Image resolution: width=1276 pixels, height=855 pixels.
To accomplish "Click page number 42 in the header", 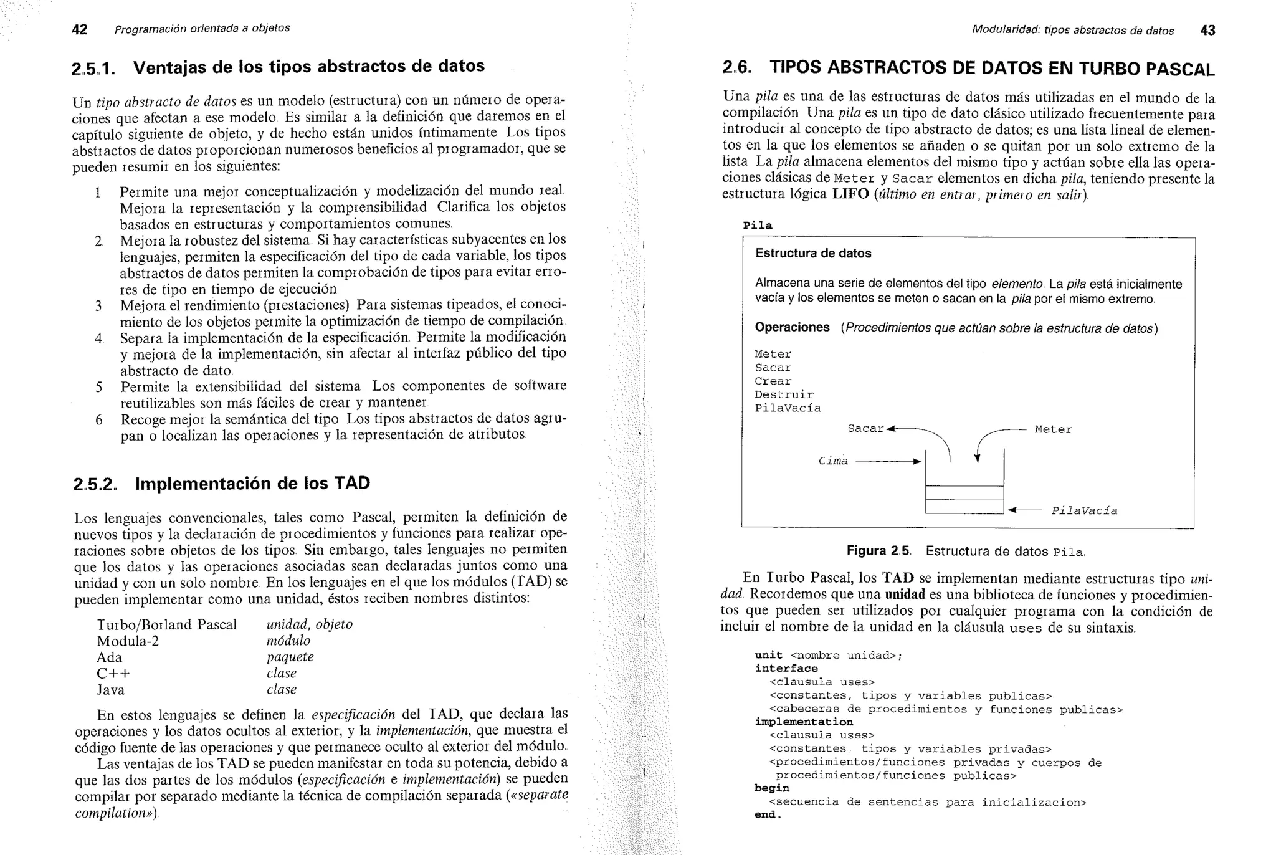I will point(80,29).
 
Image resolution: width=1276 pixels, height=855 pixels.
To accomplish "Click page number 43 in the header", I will point(1207,31).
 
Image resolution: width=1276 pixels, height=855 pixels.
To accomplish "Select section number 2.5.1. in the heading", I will point(93,69).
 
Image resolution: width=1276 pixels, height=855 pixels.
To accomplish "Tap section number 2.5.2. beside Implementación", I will point(95,485).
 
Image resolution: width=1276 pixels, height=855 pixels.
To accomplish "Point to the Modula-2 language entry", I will point(128,641).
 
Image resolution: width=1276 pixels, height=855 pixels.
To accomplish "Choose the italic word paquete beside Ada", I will point(290,657).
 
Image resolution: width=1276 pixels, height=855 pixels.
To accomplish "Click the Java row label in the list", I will point(111,690).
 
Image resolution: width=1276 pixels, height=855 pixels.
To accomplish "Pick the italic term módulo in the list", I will point(288,641).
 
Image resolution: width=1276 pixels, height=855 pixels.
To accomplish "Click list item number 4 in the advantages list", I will point(99,338).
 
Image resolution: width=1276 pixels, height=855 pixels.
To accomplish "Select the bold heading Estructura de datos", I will point(813,254).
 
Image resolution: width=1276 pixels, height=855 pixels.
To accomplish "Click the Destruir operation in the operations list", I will point(784,394).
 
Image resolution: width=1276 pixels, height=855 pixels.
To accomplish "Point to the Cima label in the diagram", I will point(833,461).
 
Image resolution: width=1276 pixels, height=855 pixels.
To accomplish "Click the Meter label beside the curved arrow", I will point(1053,429).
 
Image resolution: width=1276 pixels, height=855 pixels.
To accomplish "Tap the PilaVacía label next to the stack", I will point(1084,511).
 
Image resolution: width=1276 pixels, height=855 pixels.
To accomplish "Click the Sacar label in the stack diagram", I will point(865,429).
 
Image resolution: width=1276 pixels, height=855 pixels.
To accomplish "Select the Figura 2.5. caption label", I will point(878,551).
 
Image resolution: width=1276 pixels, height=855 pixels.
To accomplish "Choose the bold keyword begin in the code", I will point(771,788).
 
